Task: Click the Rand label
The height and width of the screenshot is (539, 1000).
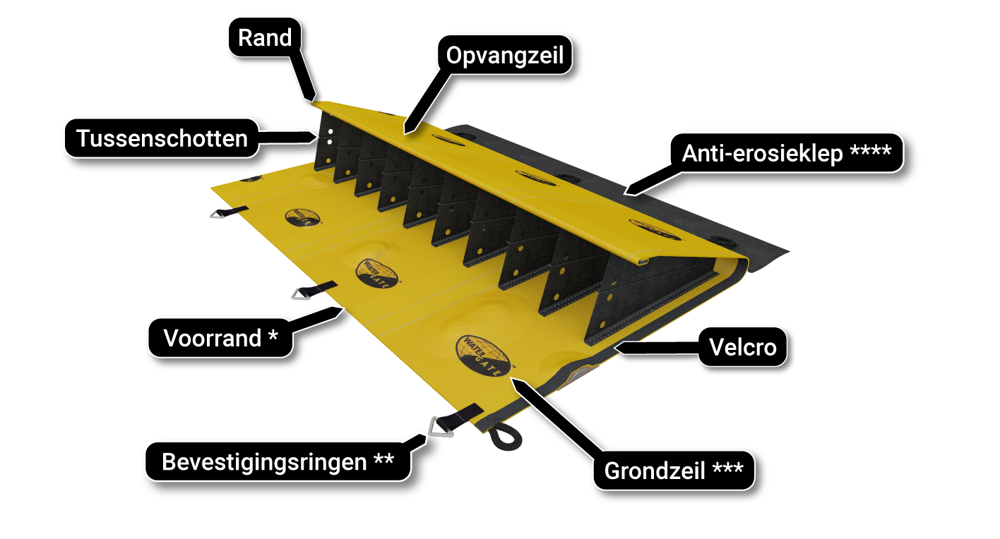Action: click(x=264, y=37)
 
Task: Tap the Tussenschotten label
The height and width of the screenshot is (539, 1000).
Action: click(x=162, y=138)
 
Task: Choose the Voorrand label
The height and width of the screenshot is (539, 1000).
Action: click(x=220, y=338)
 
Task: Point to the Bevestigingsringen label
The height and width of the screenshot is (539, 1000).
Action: click(x=278, y=462)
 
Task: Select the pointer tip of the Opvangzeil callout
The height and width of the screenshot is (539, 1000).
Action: click(x=405, y=132)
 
